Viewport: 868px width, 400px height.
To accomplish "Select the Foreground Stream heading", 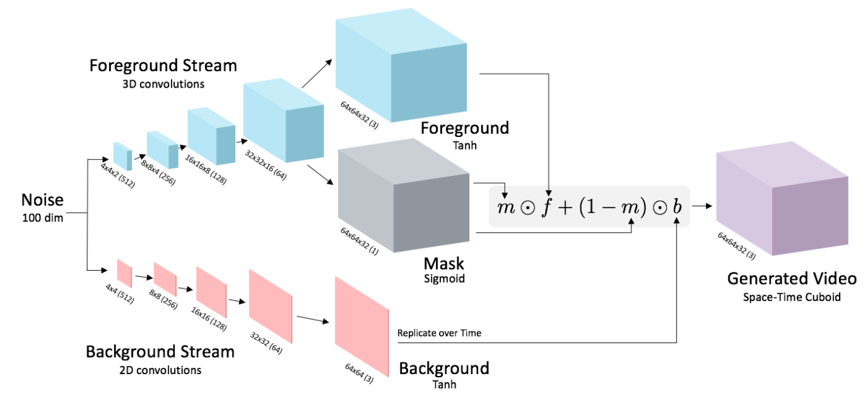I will [x=163, y=65].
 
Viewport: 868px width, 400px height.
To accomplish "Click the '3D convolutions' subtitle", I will [x=163, y=83].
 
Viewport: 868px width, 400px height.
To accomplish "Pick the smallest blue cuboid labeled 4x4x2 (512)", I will [x=122, y=156].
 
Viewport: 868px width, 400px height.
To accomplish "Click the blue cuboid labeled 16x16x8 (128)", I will [x=210, y=138].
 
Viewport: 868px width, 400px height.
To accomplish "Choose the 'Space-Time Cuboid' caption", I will [x=792, y=297].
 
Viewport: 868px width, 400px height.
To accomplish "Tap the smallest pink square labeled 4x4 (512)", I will [x=124, y=273].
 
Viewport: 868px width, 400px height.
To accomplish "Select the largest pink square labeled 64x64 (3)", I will [x=361, y=328].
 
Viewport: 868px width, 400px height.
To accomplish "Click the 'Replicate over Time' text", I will [x=439, y=332].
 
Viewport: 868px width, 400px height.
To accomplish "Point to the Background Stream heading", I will [x=160, y=352].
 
